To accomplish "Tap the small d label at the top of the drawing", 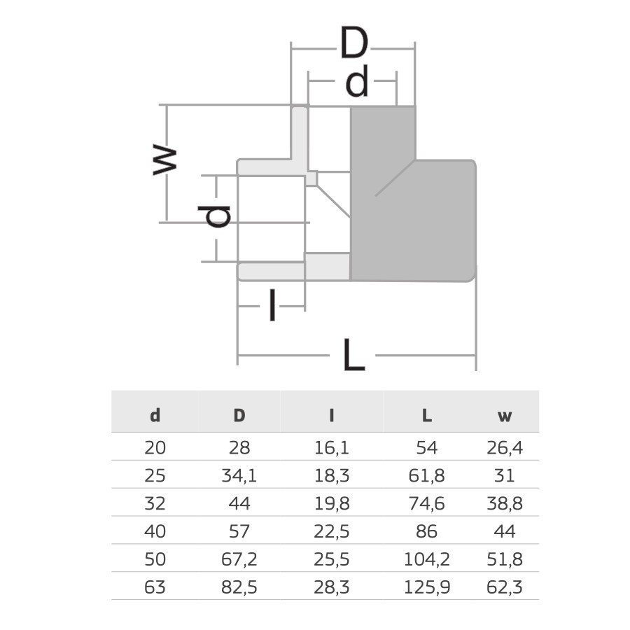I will click(x=357, y=84).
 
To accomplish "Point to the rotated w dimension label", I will click(x=165, y=160).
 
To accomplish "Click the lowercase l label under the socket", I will click(x=272, y=307).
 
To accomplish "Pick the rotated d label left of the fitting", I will click(x=218, y=216).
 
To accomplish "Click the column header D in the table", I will click(x=239, y=415).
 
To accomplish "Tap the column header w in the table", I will click(x=504, y=416).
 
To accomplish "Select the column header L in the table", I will click(x=426, y=415).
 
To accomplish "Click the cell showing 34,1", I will click(x=239, y=476).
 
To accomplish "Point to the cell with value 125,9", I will click(x=426, y=587).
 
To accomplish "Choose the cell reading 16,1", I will click(x=332, y=448).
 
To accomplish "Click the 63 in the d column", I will click(x=155, y=587).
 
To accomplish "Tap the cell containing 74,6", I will click(x=426, y=503).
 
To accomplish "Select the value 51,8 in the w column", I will click(x=504, y=559).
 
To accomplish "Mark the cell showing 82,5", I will click(x=239, y=587).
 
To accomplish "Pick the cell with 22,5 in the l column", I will click(x=332, y=531).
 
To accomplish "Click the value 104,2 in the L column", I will click(x=426, y=559).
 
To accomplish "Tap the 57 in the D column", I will click(x=239, y=531).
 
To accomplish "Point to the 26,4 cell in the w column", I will click(x=504, y=448).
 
